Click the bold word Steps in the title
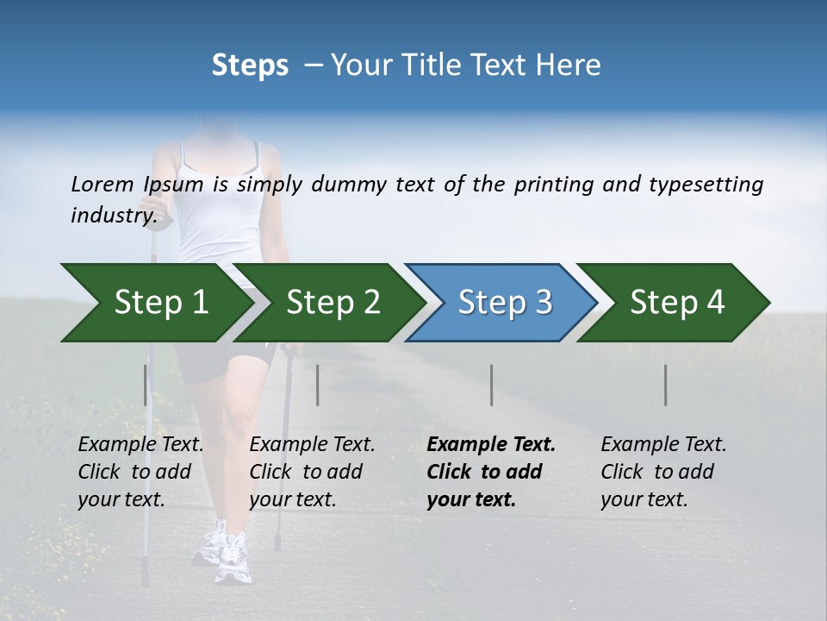[250, 66]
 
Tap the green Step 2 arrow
[327, 303]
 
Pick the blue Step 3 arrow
[500, 303]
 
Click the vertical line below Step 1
[146, 385]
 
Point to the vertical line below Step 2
[318, 385]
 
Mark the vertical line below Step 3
[492, 385]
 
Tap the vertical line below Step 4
[666, 385]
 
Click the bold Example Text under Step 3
[491, 445]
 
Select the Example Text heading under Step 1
[140, 445]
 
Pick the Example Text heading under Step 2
[312, 445]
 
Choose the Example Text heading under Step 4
[663, 445]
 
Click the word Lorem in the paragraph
[103, 185]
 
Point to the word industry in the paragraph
[113, 216]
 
